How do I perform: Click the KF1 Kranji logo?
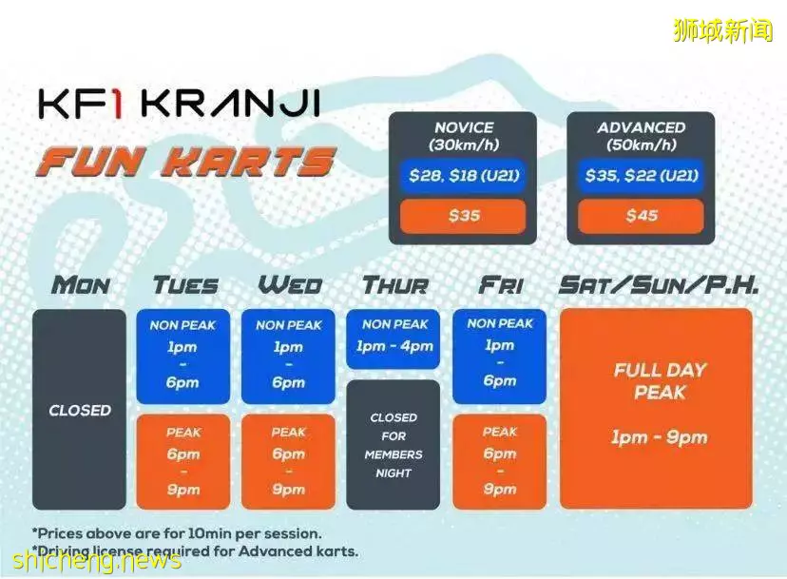click(x=180, y=104)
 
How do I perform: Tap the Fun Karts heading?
click(x=185, y=162)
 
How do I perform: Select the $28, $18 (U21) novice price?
click(x=463, y=176)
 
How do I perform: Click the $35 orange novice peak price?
click(x=463, y=216)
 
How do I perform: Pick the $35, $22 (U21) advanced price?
click(x=641, y=176)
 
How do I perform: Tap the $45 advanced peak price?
click(x=641, y=216)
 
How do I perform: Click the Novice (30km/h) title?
click(x=464, y=136)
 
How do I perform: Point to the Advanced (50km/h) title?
click(x=641, y=136)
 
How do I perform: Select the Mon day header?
click(x=80, y=285)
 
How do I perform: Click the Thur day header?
click(x=395, y=285)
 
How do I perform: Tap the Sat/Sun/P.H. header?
click(x=658, y=285)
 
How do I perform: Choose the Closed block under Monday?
click(x=79, y=409)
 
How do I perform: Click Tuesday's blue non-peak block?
click(x=183, y=357)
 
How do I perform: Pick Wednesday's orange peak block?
click(x=288, y=461)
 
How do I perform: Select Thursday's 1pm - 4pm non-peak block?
click(x=393, y=339)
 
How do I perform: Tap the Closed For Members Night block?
click(x=393, y=445)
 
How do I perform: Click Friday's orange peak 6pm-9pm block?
click(x=499, y=461)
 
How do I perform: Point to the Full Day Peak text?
click(x=660, y=381)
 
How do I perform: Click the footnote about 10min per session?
click(x=177, y=533)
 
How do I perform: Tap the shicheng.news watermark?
click(x=96, y=560)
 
